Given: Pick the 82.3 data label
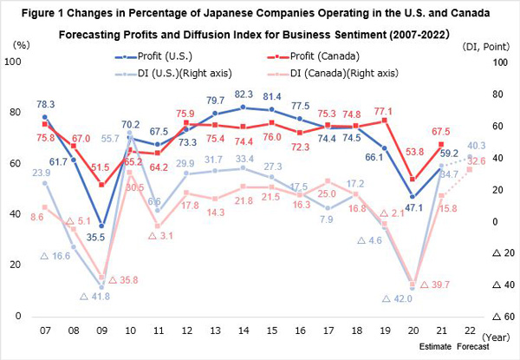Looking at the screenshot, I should (244, 94).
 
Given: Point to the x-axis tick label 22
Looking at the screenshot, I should (469, 331).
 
